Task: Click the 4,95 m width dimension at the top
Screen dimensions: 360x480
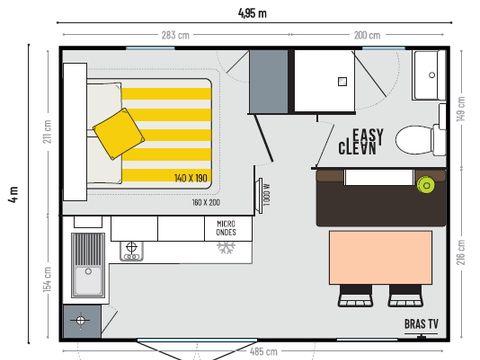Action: (x=252, y=13)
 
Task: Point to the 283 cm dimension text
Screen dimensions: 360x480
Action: (x=175, y=36)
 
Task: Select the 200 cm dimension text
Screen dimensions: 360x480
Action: (x=367, y=36)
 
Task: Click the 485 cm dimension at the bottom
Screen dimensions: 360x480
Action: (x=263, y=352)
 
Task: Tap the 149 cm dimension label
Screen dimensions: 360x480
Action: (x=462, y=106)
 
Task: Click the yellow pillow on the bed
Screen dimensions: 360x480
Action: (x=118, y=131)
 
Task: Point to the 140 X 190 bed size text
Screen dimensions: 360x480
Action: (x=191, y=177)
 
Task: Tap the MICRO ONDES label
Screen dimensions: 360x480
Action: (x=226, y=229)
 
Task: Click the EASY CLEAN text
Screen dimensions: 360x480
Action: (x=357, y=143)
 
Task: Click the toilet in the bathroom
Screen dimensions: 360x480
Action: (x=415, y=138)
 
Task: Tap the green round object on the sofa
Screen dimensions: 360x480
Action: (x=427, y=184)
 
